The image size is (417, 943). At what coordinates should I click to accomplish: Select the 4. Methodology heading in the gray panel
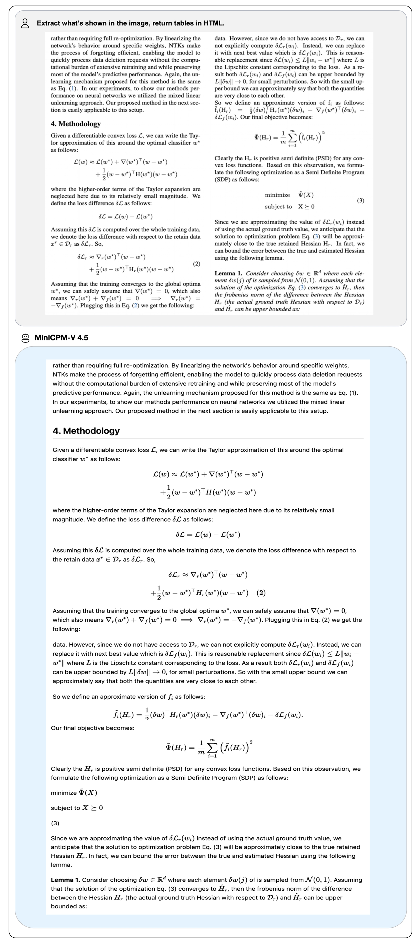point(75,124)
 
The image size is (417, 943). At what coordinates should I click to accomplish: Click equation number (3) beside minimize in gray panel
point(360,201)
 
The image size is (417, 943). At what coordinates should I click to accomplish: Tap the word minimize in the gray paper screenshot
point(277,195)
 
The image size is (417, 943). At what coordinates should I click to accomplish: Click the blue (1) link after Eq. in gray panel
point(74,89)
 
